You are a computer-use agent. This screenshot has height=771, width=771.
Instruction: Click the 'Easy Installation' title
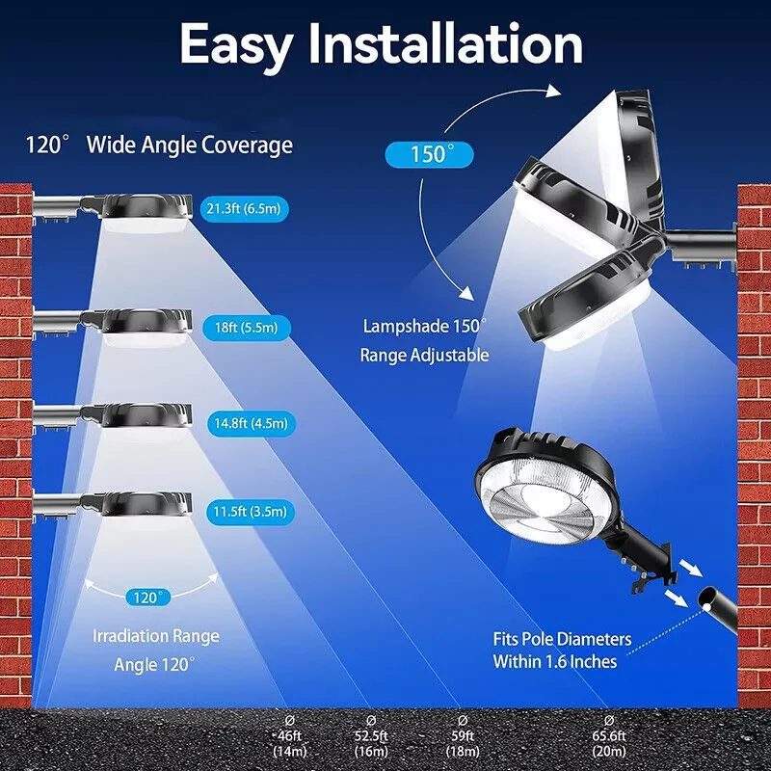click(382, 45)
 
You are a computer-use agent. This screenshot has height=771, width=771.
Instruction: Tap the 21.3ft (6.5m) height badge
click(245, 208)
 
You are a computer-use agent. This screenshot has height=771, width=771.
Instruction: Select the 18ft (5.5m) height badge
click(245, 327)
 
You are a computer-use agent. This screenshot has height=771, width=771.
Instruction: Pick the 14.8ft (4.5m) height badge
click(248, 422)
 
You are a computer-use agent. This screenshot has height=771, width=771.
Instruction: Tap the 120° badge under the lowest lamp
click(149, 598)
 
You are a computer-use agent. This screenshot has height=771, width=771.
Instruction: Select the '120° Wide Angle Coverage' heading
click(159, 146)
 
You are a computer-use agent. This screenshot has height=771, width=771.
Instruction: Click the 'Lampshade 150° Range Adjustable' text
click(424, 340)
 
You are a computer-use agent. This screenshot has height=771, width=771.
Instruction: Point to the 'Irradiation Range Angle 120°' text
click(155, 650)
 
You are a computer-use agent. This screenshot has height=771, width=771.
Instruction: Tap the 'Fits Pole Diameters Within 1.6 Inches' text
click(562, 651)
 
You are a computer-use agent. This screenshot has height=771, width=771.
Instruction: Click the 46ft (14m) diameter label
click(290, 737)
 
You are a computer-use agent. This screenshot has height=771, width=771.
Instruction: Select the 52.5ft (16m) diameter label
click(371, 737)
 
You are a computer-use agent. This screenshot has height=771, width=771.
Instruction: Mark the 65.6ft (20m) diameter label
click(609, 737)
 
